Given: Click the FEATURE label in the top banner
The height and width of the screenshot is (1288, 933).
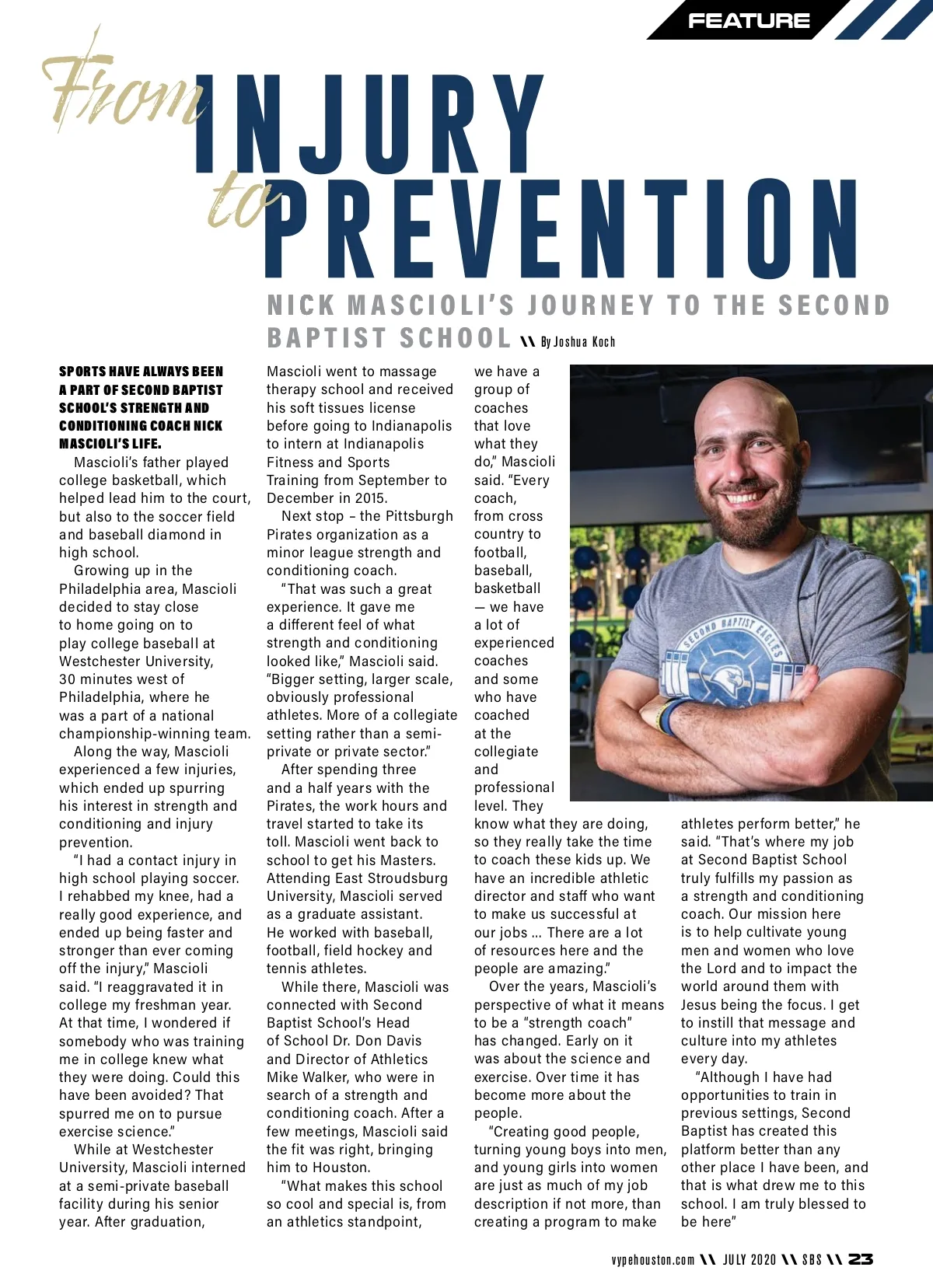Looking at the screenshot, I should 748,21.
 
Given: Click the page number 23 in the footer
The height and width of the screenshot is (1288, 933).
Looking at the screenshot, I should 860,1259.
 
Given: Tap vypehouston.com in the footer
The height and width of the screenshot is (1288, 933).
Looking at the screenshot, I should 652,1260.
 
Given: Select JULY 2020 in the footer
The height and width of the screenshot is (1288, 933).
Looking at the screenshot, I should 750,1260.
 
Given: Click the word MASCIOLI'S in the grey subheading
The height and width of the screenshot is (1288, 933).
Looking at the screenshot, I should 431,305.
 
